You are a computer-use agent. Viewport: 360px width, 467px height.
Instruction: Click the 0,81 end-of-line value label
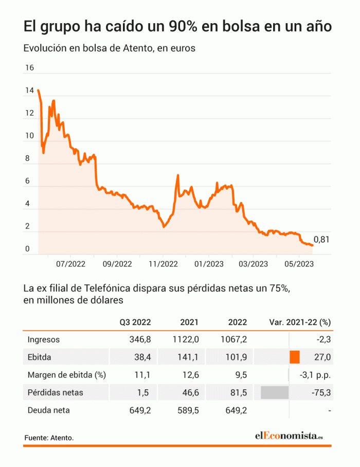point(321,239)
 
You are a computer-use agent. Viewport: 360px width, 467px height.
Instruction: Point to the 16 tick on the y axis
point(29,68)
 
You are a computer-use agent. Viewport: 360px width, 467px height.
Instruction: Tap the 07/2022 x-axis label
point(70,264)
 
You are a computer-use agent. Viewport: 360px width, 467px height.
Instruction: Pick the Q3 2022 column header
point(135,322)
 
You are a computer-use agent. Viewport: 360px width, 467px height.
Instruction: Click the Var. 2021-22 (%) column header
point(300,322)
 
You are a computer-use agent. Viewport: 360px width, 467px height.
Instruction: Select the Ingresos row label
point(44,339)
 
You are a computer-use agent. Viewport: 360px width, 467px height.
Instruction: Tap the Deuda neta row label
point(48,410)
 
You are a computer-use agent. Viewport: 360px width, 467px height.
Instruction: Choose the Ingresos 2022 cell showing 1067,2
point(233,339)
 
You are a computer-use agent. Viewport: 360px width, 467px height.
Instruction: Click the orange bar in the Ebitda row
point(295,357)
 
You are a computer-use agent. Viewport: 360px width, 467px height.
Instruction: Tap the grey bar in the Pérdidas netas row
point(275,392)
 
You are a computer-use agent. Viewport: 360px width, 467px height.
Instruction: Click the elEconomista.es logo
point(289,436)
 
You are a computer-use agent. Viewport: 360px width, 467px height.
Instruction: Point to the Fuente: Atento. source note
point(49,438)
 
